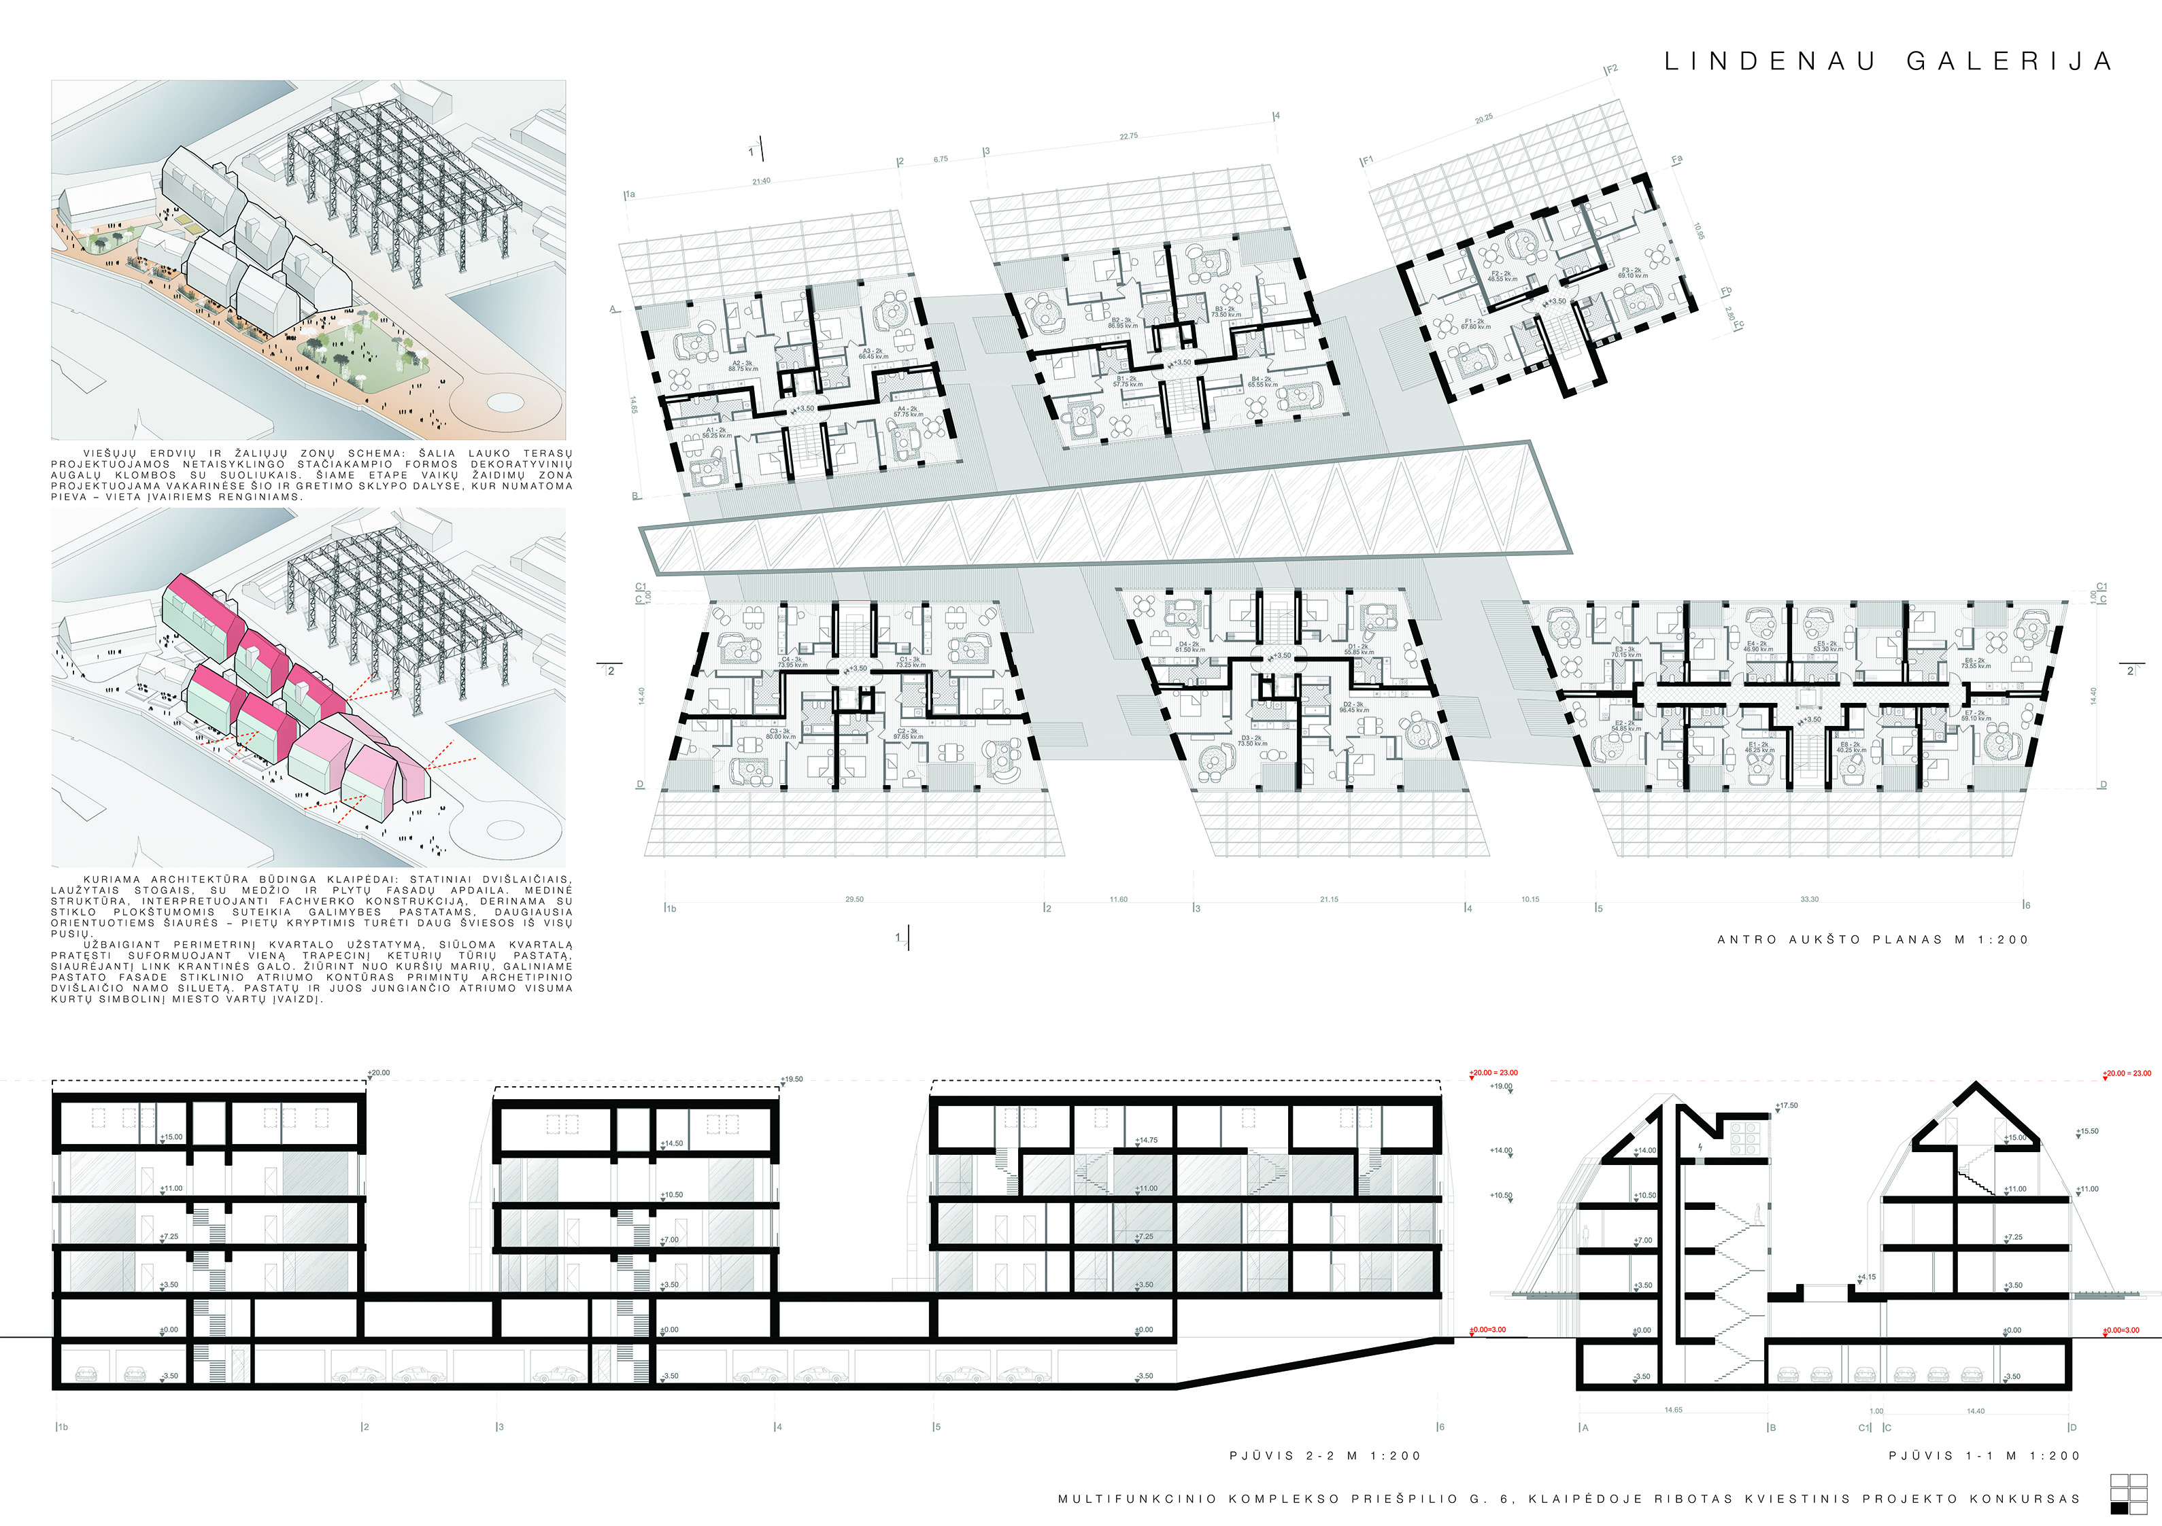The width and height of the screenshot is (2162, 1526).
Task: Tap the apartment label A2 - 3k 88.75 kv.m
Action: click(x=743, y=366)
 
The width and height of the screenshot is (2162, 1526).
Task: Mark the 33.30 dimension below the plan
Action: click(x=1810, y=900)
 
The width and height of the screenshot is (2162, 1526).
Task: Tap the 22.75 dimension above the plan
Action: click(x=1128, y=137)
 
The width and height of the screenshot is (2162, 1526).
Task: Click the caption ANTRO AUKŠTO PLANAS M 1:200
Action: click(x=1872, y=939)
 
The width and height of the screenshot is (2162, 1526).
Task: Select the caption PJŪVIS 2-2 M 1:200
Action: click(x=1325, y=1455)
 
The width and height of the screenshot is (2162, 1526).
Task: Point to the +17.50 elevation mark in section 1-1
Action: click(x=1787, y=1106)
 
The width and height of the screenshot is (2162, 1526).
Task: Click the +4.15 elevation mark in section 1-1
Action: click(x=1866, y=1277)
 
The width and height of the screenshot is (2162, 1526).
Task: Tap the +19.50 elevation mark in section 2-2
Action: click(x=792, y=1080)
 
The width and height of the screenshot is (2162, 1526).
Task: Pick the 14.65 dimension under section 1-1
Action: click(x=1673, y=1410)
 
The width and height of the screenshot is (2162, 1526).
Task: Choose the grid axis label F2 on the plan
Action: click(x=1612, y=69)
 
